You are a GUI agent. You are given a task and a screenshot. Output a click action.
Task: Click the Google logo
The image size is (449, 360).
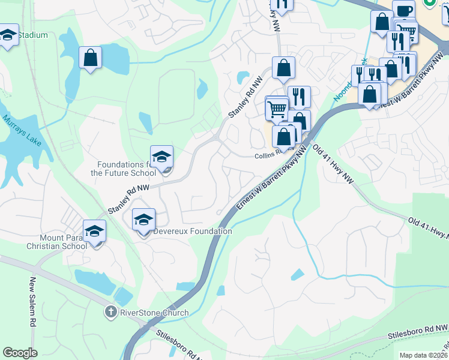[20, 353]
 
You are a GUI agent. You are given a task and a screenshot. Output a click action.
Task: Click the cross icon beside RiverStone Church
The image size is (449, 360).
[110, 312]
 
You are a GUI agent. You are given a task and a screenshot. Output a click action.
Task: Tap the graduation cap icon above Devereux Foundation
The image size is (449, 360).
[143, 220]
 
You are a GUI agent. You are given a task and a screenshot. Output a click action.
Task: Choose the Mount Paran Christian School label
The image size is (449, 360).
[56, 241]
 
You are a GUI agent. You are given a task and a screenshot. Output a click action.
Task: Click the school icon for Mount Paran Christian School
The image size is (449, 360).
[94, 232]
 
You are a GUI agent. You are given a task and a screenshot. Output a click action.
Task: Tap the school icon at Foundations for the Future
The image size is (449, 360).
[161, 157]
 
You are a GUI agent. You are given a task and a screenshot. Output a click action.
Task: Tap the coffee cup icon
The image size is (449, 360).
[404, 11]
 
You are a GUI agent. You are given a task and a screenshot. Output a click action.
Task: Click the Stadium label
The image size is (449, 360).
[32, 35]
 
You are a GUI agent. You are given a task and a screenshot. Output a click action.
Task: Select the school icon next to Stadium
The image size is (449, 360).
[8, 35]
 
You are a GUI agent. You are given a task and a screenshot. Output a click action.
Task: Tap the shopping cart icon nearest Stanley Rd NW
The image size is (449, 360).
[277, 109]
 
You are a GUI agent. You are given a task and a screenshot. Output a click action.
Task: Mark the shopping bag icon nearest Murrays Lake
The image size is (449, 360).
[90, 58]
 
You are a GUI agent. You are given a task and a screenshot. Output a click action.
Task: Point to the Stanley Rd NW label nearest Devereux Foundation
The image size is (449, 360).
[127, 200]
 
